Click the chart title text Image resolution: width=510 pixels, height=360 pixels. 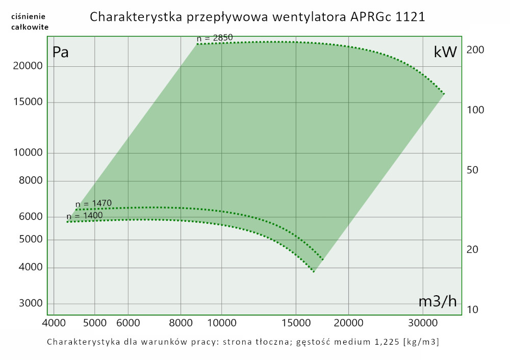258,17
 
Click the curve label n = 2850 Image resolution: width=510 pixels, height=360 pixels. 215,38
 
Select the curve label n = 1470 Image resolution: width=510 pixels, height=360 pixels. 93,203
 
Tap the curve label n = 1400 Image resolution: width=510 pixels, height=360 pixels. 85,215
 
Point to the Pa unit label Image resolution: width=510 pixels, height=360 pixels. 61,52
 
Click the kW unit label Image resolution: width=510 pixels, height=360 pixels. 445,52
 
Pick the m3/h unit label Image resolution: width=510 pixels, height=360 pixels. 438,301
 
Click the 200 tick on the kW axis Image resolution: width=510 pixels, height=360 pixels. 475,50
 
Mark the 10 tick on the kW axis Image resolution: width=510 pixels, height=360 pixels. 472,310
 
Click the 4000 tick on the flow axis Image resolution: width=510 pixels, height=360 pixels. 54,323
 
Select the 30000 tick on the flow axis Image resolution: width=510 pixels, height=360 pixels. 423,323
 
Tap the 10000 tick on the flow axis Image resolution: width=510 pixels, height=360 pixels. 221,323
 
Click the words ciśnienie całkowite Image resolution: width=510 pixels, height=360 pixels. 30,22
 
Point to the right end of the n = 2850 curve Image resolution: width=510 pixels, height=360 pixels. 444,94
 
